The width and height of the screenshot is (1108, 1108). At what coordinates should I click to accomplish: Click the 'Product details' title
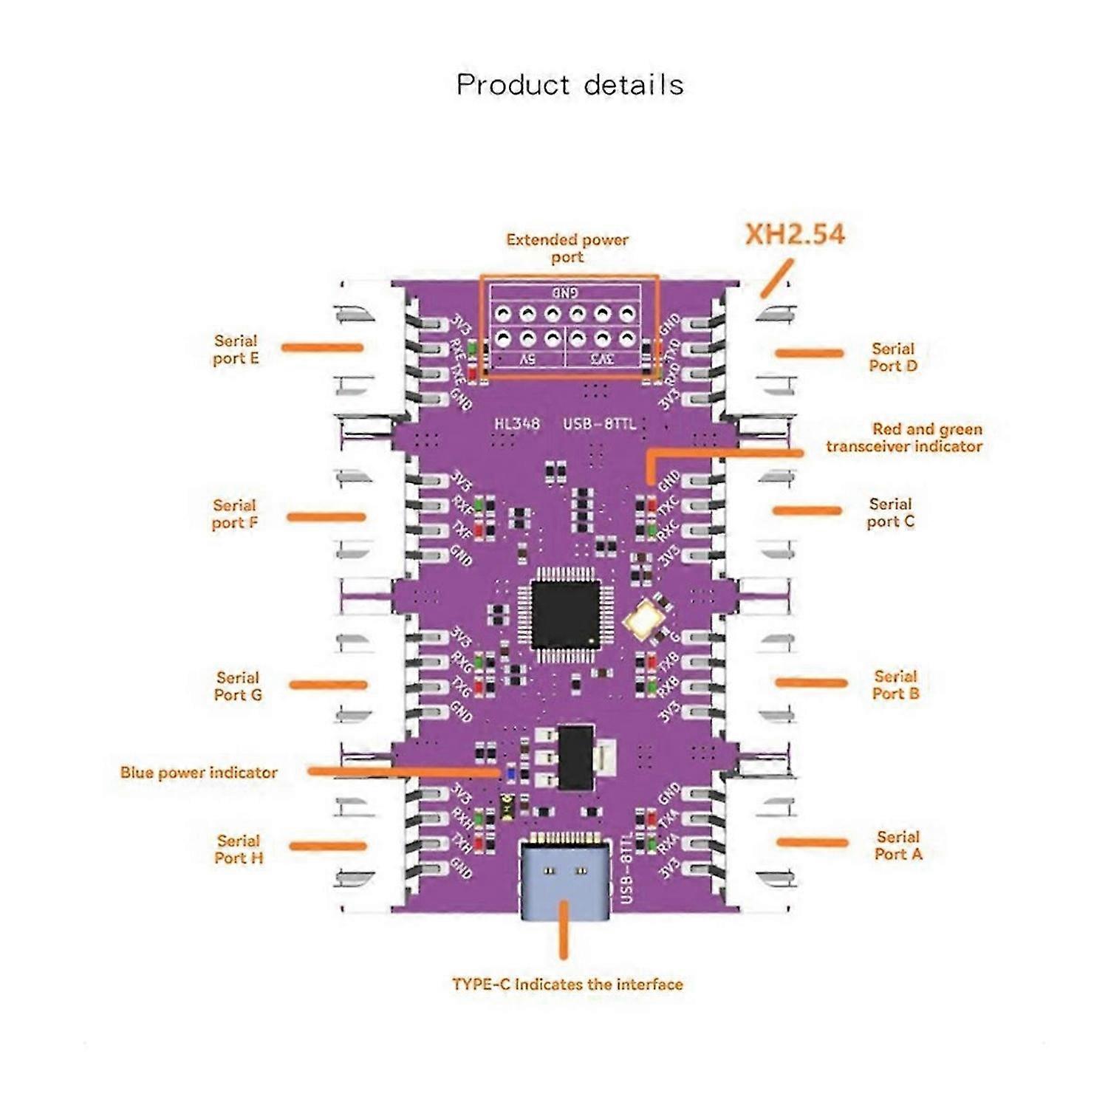click(570, 85)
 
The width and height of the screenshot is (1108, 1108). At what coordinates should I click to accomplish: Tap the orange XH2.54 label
click(795, 234)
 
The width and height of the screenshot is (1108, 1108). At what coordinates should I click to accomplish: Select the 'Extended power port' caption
click(567, 248)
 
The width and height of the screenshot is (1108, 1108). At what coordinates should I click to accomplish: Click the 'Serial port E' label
click(236, 349)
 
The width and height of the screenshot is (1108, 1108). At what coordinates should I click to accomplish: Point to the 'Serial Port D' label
click(893, 357)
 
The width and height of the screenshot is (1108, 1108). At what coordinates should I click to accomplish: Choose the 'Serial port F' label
click(235, 514)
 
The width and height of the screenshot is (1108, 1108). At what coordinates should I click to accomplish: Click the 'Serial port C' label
click(891, 513)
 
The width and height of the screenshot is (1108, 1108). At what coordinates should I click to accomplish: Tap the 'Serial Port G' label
click(238, 685)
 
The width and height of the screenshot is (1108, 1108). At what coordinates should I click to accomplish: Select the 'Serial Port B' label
click(895, 685)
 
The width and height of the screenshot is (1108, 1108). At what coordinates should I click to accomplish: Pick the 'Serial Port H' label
click(239, 849)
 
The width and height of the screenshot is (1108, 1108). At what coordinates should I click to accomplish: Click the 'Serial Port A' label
click(898, 845)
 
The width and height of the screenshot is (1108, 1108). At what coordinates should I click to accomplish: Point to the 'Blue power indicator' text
click(199, 773)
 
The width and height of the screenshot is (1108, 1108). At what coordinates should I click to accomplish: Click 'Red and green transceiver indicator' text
click(905, 437)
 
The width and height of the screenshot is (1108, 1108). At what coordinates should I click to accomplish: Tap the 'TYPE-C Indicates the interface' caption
click(567, 984)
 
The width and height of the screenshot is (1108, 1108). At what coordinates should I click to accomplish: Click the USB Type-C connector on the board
click(565, 879)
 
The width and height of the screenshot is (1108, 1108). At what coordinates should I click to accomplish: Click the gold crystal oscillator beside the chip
click(648, 618)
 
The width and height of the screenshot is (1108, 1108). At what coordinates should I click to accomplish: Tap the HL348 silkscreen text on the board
click(517, 424)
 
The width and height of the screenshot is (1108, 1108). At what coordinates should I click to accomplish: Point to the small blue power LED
click(509, 773)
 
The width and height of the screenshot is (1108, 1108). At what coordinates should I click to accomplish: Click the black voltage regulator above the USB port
click(576, 757)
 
